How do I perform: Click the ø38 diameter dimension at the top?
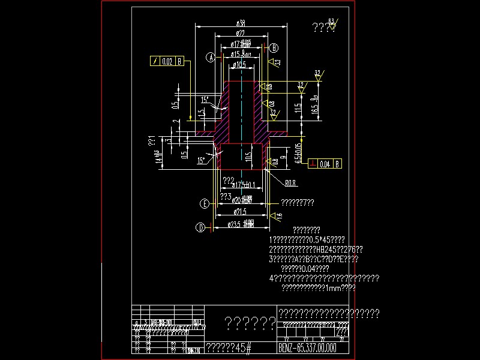click(240, 23)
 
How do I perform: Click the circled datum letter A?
click(211, 58)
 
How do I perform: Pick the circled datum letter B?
click(274, 48)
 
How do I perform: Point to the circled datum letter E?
click(205, 204)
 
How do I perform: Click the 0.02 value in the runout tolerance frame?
click(167, 61)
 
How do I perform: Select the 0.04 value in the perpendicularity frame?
click(325, 164)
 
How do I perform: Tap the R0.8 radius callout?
click(290, 182)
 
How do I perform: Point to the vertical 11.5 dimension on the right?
click(298, 109)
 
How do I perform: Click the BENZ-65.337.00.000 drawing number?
click(308, 348)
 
